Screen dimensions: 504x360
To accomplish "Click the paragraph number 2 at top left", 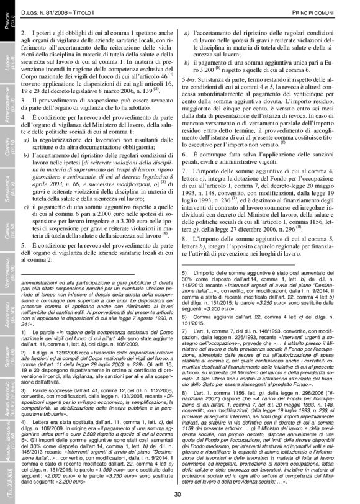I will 23,30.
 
